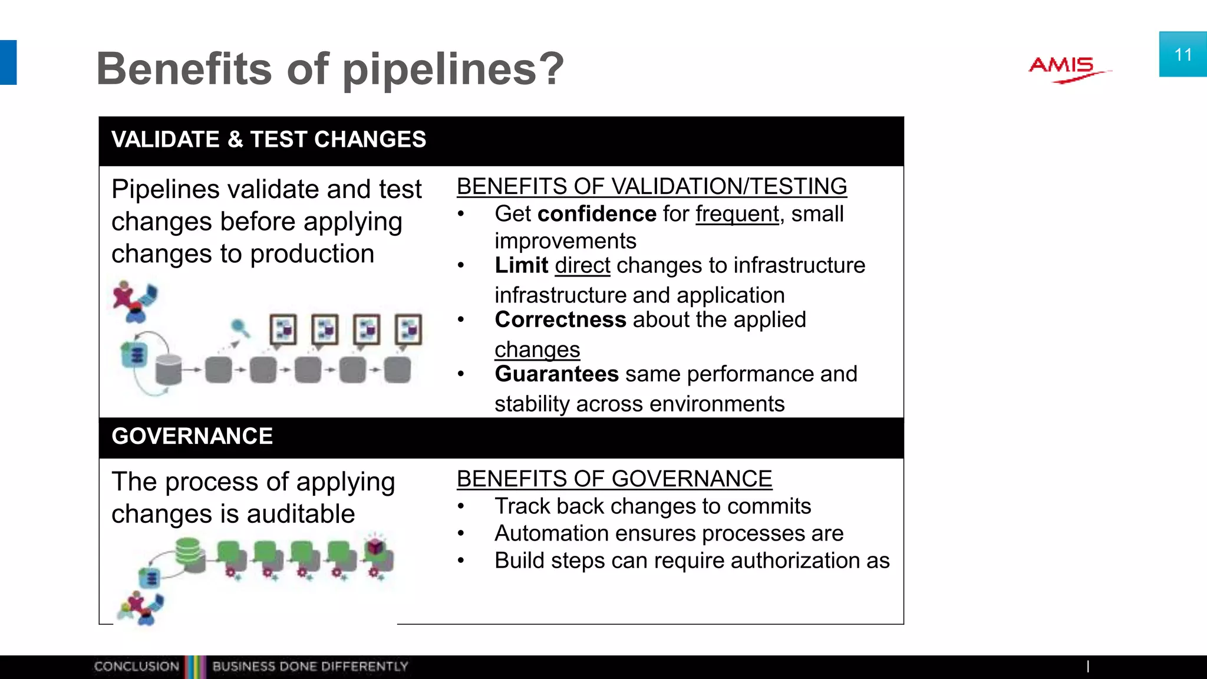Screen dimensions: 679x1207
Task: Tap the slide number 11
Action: tap(1183, 55)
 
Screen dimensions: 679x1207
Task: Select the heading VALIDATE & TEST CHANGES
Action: tap(269, 140)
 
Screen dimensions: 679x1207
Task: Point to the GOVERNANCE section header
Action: tap(192, 436)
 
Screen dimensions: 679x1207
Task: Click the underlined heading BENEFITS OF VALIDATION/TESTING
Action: tap(652, 186)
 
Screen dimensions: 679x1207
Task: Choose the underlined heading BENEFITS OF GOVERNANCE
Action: tap(614, 479)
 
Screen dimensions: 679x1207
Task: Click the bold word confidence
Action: tap(596, 213)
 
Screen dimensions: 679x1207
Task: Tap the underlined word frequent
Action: tap(737, 213)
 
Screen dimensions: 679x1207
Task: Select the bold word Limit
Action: tap(522, 265)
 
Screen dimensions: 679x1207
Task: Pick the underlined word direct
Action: tap(582, 265)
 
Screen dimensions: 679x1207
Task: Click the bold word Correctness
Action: tap(560, 319)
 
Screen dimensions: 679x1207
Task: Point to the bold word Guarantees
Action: tap(556, 374)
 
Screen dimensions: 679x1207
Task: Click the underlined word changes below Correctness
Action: tap(537, 350)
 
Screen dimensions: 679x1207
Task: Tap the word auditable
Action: tap(301, 514)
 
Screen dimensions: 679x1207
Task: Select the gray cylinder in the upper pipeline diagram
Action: tap(168, 369)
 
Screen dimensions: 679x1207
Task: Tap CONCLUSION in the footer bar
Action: tap(136, 667)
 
